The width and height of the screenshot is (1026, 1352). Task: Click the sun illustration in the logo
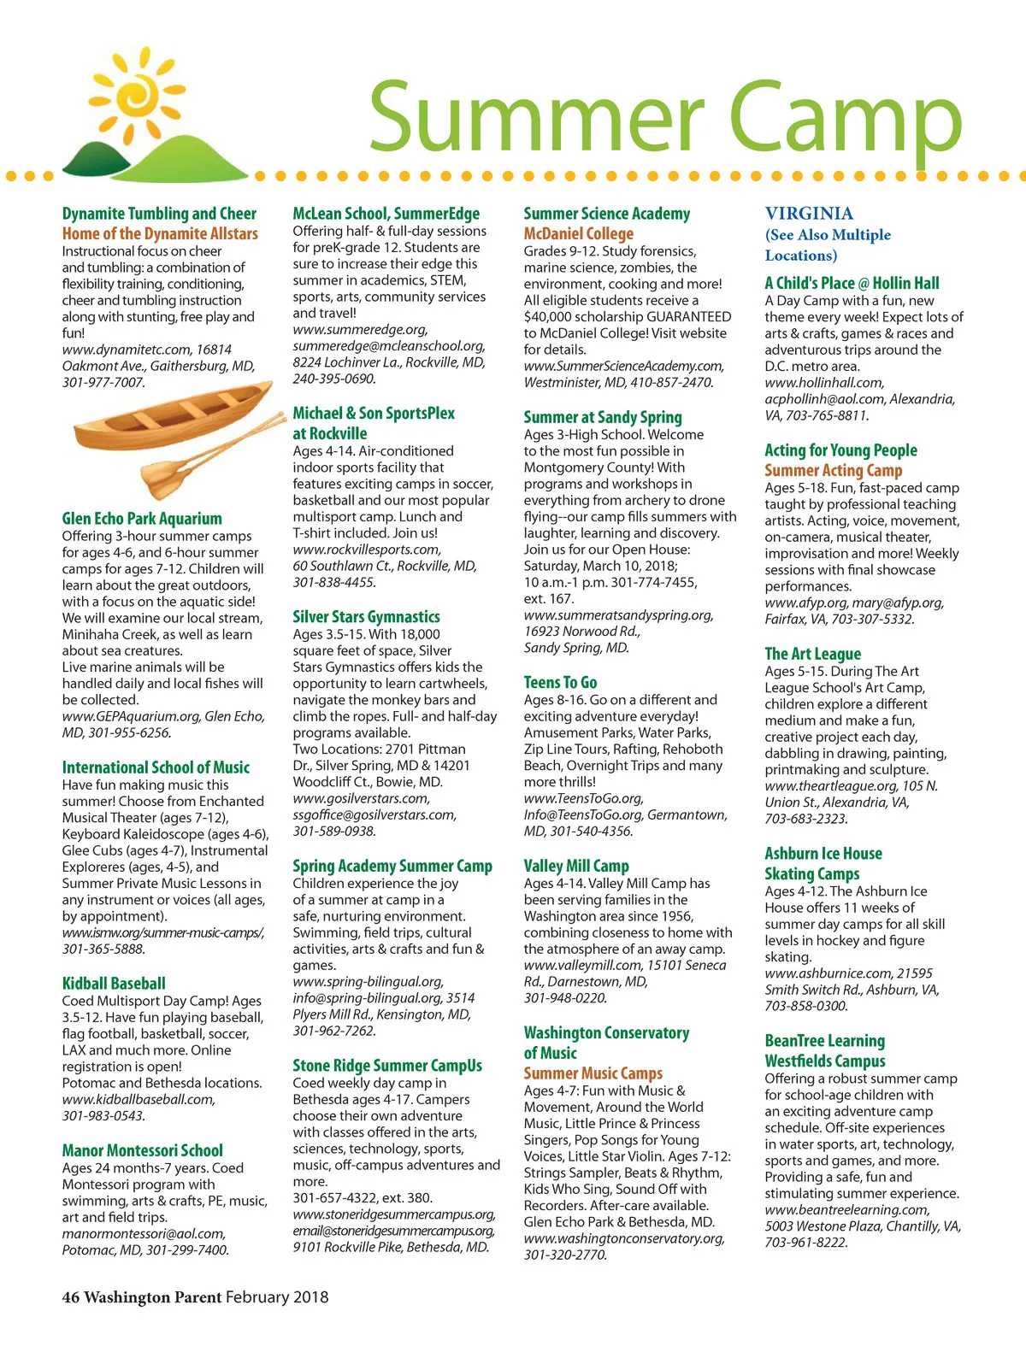pyautogui.click(x=149, y=95)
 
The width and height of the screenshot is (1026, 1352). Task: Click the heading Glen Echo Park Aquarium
pyautogui.click(x=142, y=519)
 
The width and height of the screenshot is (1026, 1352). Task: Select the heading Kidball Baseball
pyautogui.click(x=114, y=984)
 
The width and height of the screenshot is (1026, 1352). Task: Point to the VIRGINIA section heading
pyautogui.click(x=809, y=214)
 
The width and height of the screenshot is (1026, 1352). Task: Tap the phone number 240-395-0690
pyautogui.click(x=333, y=379)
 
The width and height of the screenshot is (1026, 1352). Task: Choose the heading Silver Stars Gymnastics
pyautogui.click(x=366, y=617)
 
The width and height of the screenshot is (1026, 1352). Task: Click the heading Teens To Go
pyautogui.click(x=560, y=683)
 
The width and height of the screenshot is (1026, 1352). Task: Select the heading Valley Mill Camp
pyautogui.click(x=576, y=867)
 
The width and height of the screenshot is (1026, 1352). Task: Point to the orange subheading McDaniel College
pyautogui.click(x=579, y=234)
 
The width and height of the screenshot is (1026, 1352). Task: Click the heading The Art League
pyautogui.click(x=812, y=655)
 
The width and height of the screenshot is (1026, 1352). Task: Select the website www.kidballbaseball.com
pyautogui.click(x=139, y=1100)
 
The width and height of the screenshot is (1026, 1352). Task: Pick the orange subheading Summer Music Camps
pyautogui.click(x=593, y=1073)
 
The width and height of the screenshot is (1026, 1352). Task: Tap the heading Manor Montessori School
pyautogui.click(x=142, y=1151)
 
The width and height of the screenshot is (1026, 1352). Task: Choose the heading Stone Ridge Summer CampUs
pyautogui.click(x=387, y=1066)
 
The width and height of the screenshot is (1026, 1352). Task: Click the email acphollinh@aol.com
pyautogui.click(x=824, y=399)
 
